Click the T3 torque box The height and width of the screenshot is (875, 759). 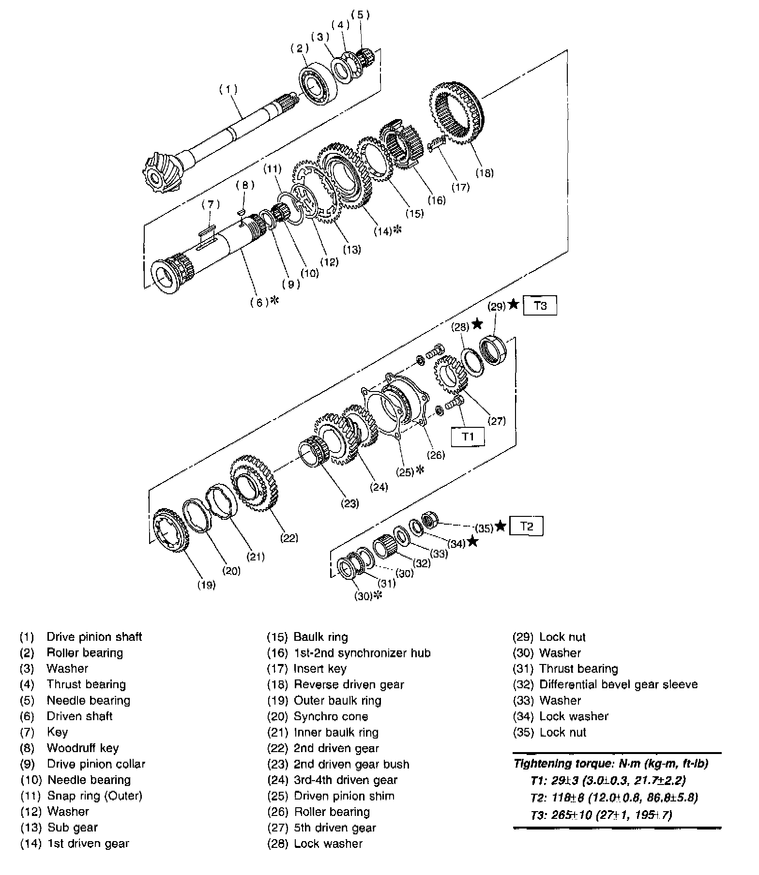pos(540,306)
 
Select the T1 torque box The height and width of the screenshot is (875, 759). pos(467,437)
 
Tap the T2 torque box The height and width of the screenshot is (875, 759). pos(526,526)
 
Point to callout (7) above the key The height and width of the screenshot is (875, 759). pos(211,204)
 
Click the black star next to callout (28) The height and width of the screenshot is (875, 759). pos(477,323)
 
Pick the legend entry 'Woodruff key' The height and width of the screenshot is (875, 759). pos(82,748)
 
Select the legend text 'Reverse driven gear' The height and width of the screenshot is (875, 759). pos(349,684)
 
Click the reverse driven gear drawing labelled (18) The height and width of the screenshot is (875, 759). pos(455,113)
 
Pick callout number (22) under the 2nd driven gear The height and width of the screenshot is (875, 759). pos(289,538)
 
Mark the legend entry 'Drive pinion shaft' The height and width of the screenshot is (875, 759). pos(94,637)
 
